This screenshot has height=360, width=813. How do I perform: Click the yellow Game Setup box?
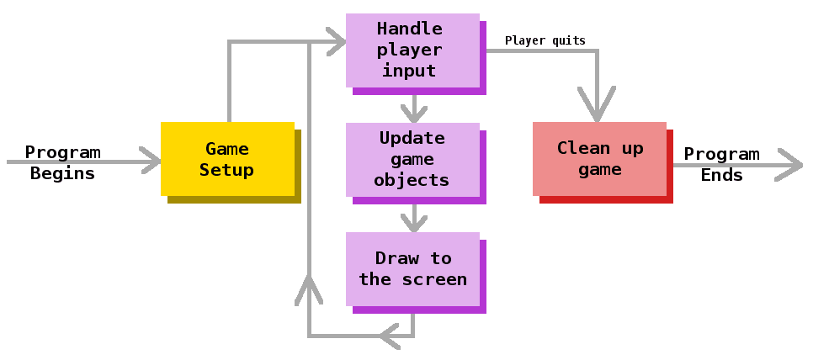click(x=227, y=159)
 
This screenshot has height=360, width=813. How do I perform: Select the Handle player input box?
click(x=412, y=50)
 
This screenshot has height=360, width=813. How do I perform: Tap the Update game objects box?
click(x=412, y=159)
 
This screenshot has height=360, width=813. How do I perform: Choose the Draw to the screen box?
click(x=412, y=268)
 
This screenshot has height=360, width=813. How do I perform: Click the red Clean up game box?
click(x=599, y=159)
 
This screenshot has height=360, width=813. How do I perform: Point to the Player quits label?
click(x=545, y=40)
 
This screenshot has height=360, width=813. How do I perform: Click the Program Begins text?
click(x=62, y=163)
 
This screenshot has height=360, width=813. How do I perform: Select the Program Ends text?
click(x=721, y=164)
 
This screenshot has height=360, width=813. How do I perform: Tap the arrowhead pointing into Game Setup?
click(x=151, y=160)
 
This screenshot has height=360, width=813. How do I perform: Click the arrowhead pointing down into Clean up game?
click(x=598, y=109)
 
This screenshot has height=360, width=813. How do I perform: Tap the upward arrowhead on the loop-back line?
click(x=310, y=289)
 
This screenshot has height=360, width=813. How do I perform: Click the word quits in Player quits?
click(x=568, y=40)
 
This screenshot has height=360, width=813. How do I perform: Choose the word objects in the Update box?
click(x=412, y=180)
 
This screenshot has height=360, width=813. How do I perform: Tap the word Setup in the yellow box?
click(x=227, y=170)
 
